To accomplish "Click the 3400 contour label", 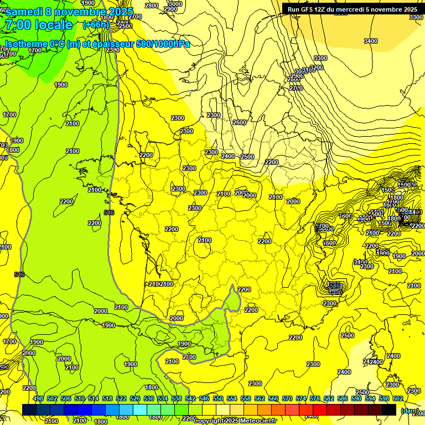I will click(371, 41).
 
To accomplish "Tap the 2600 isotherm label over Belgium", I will click(239, 122).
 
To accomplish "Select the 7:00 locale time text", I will click(38, 25).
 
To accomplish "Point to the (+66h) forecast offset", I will click(96, 25).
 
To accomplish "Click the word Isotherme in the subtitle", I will click(26, 44).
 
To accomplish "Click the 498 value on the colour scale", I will click(38, 398).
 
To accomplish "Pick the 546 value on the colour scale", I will click(204, 398).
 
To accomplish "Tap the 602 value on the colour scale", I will click(398, 398).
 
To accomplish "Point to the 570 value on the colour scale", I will click(287, 398).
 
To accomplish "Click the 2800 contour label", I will click(151, 6).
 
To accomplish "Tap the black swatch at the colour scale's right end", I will click(389, 410).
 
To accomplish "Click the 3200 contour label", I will click(316, 68).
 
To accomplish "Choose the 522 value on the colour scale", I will click(121, 398).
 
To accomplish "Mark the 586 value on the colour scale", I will click(343, 398).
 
